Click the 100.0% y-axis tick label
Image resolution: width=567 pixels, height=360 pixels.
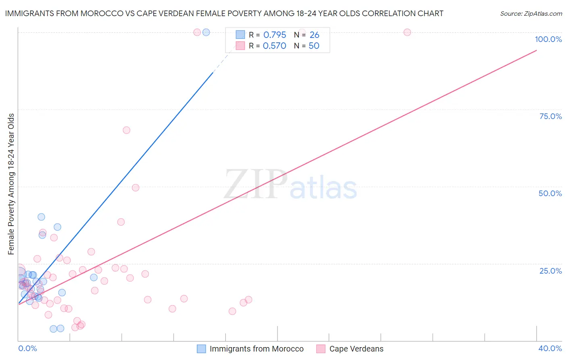click(548, 39)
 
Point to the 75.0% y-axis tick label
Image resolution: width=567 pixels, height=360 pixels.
click(550, 116)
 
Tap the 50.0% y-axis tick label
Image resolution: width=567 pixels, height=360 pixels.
click(550, 193)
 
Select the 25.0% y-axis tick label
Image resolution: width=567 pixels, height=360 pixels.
click(550, 271)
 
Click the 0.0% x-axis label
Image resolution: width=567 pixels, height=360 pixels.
click(27, 348)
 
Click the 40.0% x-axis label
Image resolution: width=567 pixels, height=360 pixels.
click(550, 348)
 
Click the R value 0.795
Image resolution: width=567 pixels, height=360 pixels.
click(275, 35)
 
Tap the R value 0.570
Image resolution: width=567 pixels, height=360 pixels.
click(274, 46)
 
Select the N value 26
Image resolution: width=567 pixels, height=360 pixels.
click(315, 35)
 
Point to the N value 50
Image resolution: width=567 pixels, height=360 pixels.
click(314, 46)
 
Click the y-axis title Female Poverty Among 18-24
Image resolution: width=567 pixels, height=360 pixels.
click(11, 184)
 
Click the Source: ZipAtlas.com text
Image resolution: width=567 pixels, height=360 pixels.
click(531, 14)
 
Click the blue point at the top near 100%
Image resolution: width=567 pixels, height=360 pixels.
click(206, 32)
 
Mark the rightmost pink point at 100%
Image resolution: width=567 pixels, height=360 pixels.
click(407, 32)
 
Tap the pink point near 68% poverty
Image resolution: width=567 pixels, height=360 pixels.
click(127, 130)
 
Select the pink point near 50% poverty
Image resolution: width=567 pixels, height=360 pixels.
click(135, 188)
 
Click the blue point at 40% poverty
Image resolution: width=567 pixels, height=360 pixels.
click(41, 217)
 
